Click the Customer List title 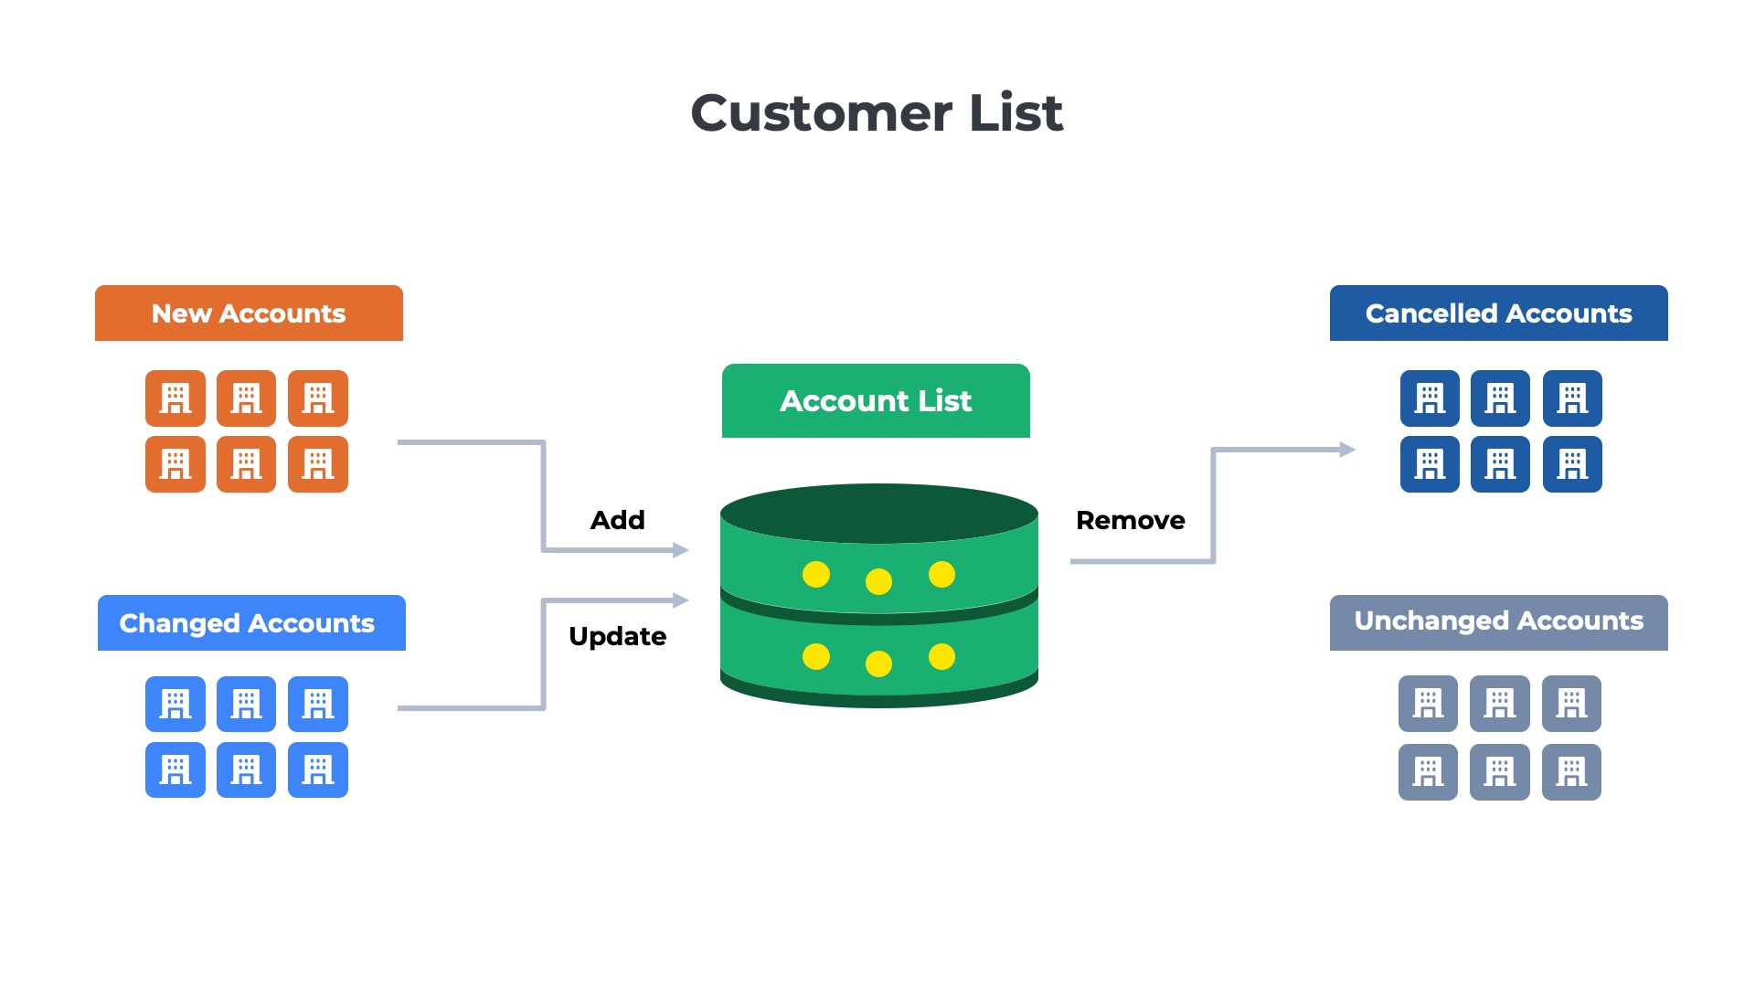[877, 113]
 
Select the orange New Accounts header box [249, 313]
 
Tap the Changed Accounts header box [251, 623]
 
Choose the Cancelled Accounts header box [1498, 313]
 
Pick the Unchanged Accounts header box [1498, 622]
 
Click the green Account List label [876, 401]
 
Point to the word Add [618, 520]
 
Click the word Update [618, 636]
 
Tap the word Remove [1130, 520]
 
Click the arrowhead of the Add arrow [680, 550]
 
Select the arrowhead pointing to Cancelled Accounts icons [1347, 450]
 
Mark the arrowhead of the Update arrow [680, 600]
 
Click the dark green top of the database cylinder [878, 513]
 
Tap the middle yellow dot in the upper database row [878, 581]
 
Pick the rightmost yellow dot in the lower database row [941, 656]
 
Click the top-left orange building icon [175, 398]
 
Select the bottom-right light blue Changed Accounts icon [318, 769]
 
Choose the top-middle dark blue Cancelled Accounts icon [1500, 398]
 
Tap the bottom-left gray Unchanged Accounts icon [1428, 772]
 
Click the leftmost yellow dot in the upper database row [816, 574]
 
